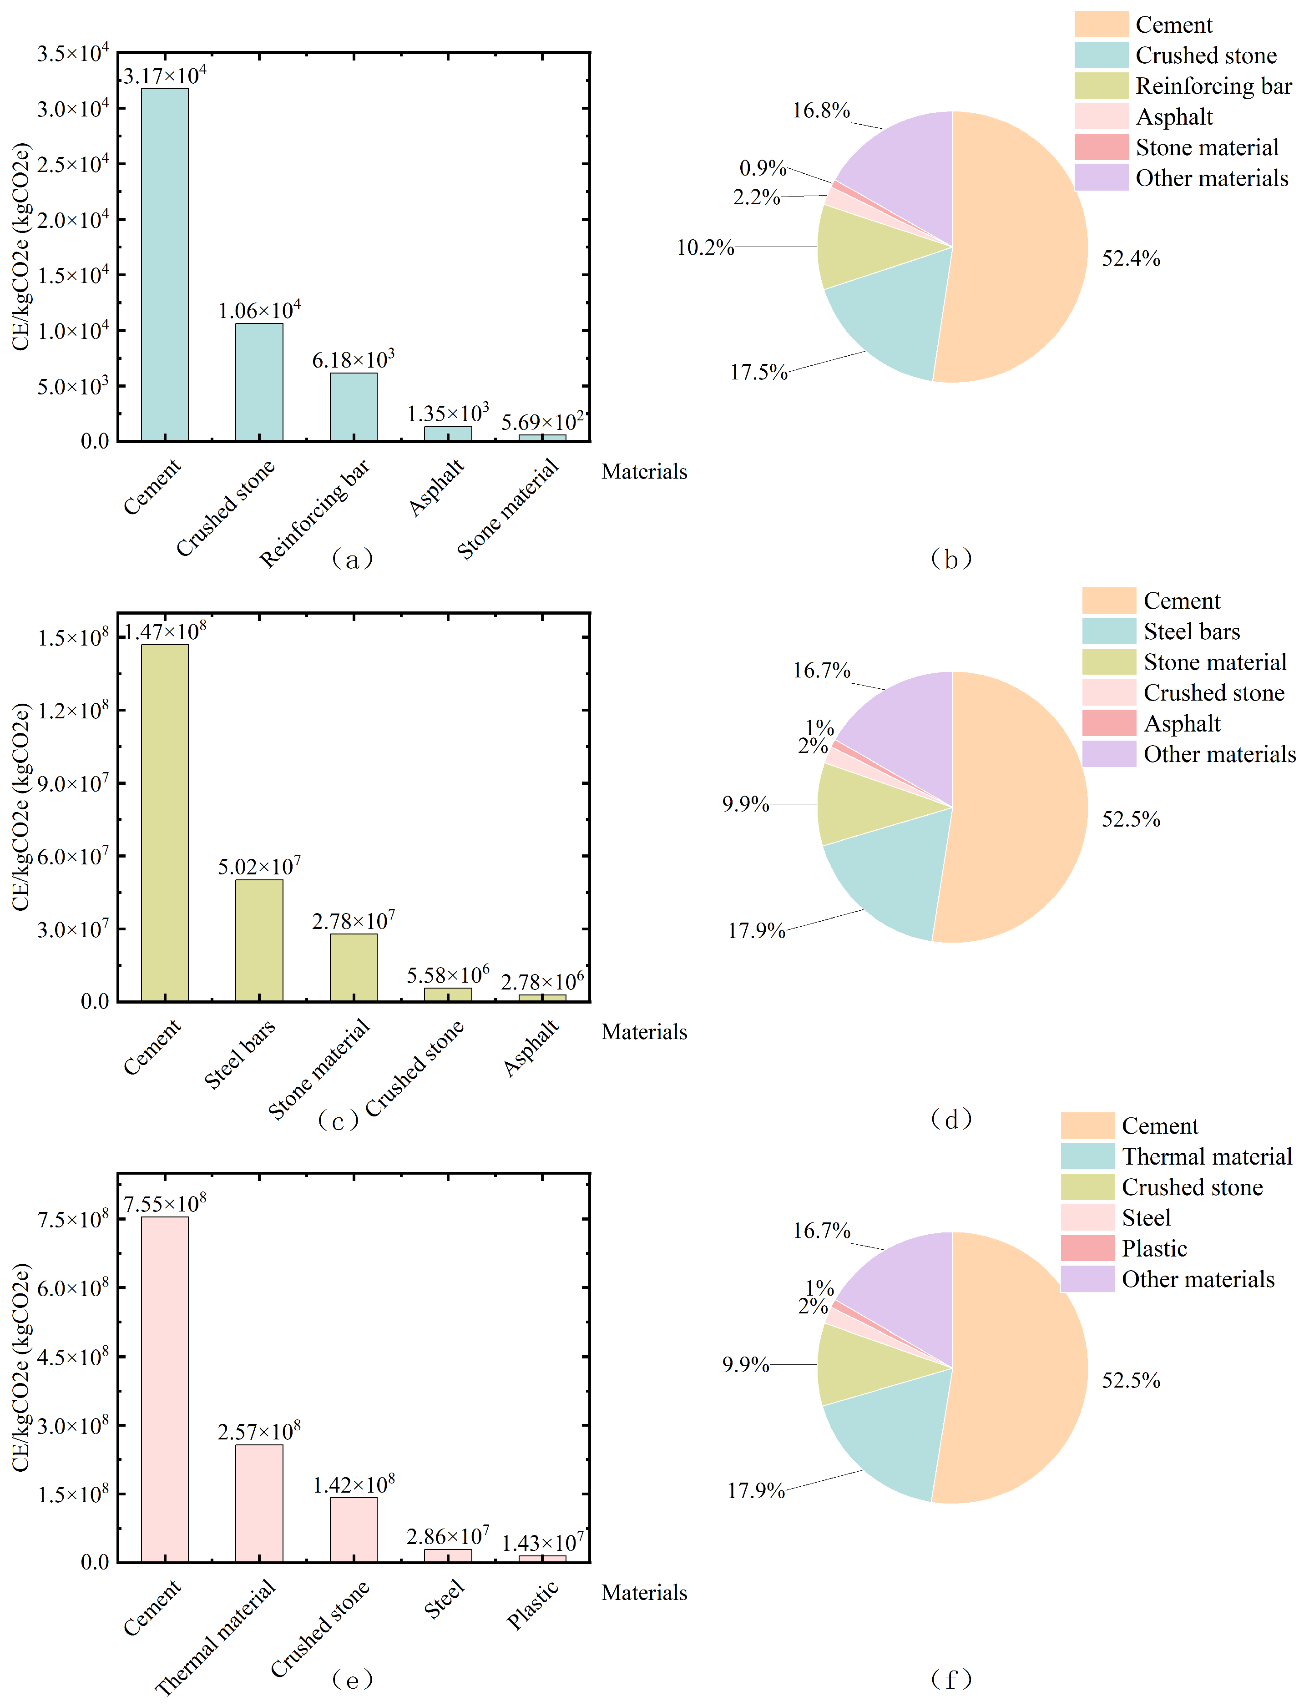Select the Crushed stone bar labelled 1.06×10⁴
point(259,382)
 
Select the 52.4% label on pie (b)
point(1131,258)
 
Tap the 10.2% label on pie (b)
point(705,247)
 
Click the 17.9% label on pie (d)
point(756,931)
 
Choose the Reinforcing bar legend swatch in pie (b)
point(1101,86)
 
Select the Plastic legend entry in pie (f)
point(1154,1248)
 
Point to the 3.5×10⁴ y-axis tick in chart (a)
point(73,54)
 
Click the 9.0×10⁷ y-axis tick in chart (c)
point(73,783)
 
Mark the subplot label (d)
point(951,1118)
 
